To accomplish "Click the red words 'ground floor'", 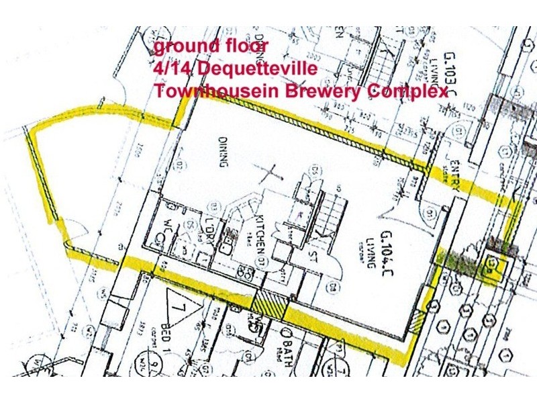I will (x=211, y=47).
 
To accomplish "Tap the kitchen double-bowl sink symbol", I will (x=247, y=275).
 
